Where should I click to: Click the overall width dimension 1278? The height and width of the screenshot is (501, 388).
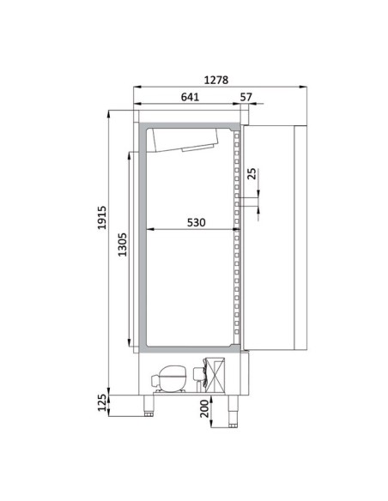(221, 80)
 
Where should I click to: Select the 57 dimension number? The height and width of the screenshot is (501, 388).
(246, 97)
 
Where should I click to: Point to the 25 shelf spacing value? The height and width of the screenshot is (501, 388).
(252, 174)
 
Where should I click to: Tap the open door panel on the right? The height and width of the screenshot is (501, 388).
(272, 238)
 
